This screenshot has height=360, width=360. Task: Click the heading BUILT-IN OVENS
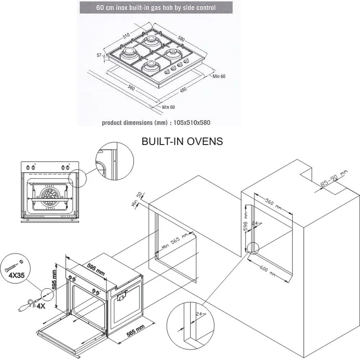pyautogui.click(x=182, y=141)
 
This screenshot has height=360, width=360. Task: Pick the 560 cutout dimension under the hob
pyautogui.click(x=131, y=88)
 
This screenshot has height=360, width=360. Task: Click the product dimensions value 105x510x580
pyautogui.click(x=192, y=123)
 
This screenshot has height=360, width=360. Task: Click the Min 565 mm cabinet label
pyautogui.click(x=175, y=240)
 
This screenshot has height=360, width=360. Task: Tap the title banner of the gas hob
pyautogui.click(x=156, y=7)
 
